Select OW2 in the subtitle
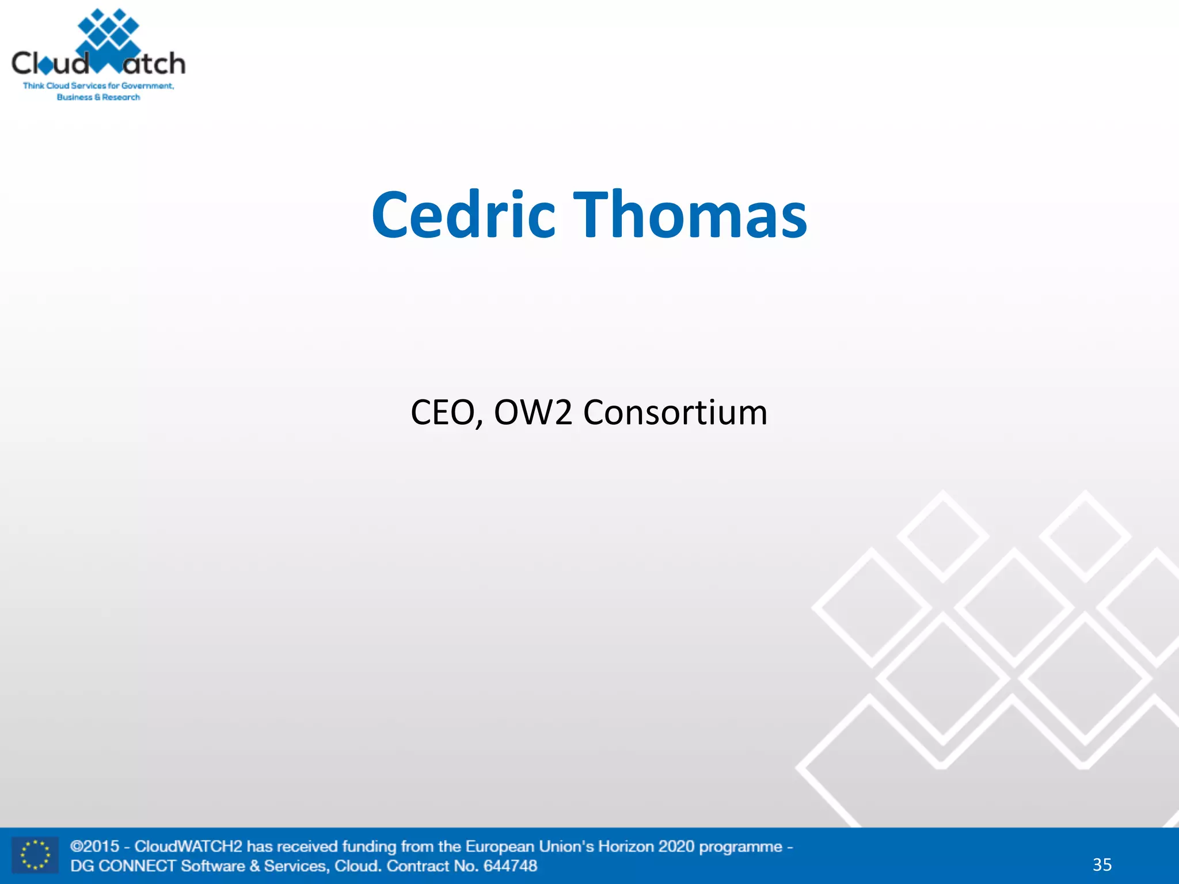(x=533, y=413)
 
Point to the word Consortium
(x=675, y=413)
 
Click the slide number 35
(x=1102, y=864)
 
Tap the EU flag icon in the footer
(x=35, y=855)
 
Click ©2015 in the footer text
(x=95, y=847)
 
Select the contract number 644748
(x=510, y=866)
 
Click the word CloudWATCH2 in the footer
(x=188, y=847)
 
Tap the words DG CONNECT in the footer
(x=123, y=866)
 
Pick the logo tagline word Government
(x=147, y=86)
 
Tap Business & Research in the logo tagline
(x=98, y=97)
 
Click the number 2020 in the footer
(x=676, y=847)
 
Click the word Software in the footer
(x=212, y=866)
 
